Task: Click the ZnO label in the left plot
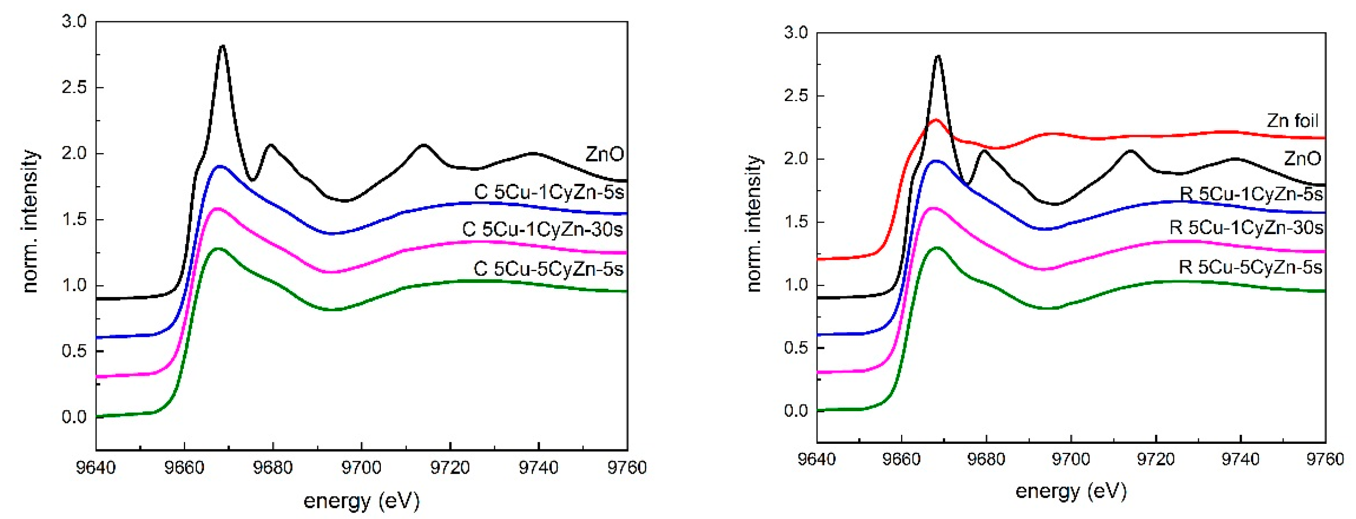(604, 155)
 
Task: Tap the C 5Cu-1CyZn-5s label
(549, 192)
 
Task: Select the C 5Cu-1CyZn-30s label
(542, 230)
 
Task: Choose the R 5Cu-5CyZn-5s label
(1250, 268)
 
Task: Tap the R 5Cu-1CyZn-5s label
(1251, 194)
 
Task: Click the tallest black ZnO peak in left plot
(222, 46)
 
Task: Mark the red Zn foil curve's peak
(935, 120)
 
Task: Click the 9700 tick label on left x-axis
(361, 467)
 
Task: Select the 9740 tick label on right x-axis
(1240, 460)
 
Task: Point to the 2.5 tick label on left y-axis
(74, 87)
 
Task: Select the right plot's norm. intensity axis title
(754, 223)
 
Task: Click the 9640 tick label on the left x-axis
(96, 467)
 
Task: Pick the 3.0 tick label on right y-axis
(796, 33)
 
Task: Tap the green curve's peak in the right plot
(937, 247)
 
